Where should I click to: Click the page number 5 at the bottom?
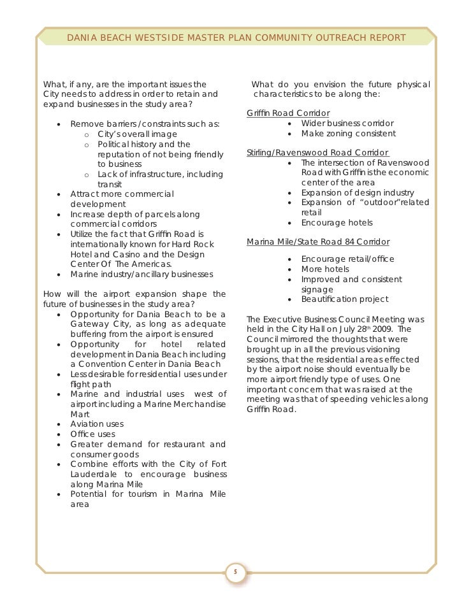[234, 571]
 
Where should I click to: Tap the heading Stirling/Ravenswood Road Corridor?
[317, 153]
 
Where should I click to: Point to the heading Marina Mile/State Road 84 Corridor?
[318, 242]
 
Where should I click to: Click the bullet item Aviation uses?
[97, 424]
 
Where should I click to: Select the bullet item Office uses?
[93, 434]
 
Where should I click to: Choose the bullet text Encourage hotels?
[337, 223]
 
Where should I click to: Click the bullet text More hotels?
[325, 269]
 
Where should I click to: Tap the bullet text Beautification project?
[344, 299]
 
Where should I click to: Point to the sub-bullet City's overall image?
[137, 134]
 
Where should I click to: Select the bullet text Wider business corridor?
[347, 123]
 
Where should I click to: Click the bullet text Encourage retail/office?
[347, 259]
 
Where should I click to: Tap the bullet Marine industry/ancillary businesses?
[141, 275]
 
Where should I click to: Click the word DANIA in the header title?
[82, 38]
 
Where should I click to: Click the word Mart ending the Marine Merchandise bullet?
[80, 413]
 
